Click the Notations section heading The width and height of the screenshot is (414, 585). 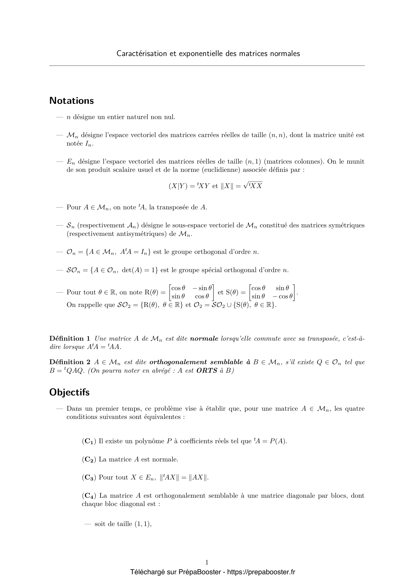click(x=71, y=101)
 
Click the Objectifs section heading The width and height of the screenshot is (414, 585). click(x=69, y=392)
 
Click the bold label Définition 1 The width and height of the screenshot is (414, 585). click(x=70, y=339)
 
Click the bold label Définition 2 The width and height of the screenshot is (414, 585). click(x=70, y=362)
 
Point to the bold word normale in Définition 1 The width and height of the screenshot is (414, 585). click(x=204, y=339)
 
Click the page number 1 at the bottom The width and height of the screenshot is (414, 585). click(x=207, y=562)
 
